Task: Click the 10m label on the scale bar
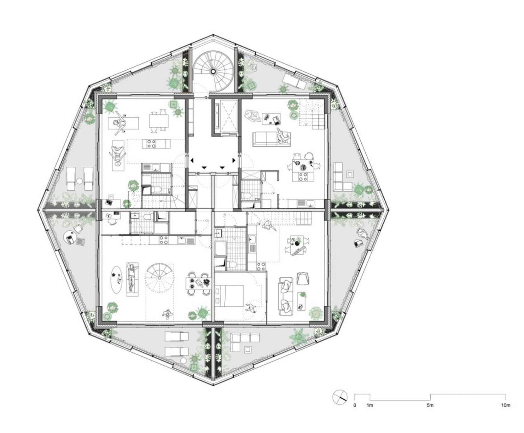coord(506,405)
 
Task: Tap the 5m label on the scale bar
coord(430,405)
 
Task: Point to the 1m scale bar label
coord(370,405)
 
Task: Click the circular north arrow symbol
coord(340,397)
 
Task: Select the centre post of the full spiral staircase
coord(213,72)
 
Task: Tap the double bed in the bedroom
coord(229,295)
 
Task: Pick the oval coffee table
coord(117,280)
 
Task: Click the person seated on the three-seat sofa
coord(282,136)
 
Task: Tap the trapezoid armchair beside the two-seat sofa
coord(302,279)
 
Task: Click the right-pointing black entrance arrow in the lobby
coord(234,160)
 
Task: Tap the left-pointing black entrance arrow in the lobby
coord(192,160)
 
